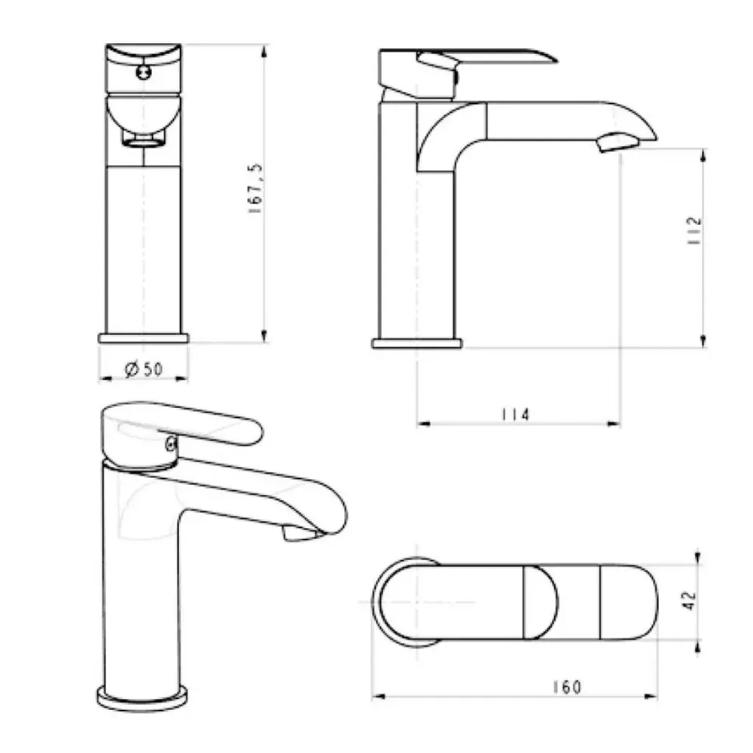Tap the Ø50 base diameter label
(143, 369)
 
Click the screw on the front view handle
(143, 73)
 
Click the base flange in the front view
(143, 337)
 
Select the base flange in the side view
(416, 343)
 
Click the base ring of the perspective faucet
(143, 696)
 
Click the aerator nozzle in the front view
(143, 140)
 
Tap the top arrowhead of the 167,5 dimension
(264, 50)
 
